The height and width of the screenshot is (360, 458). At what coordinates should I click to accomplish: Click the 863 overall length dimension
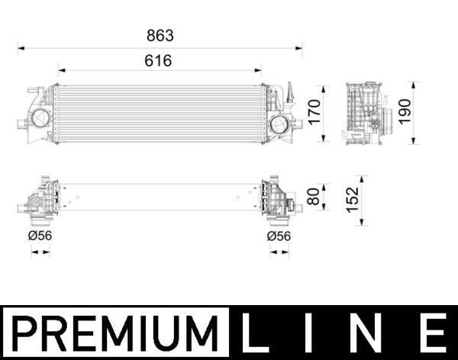(x=160, y=35)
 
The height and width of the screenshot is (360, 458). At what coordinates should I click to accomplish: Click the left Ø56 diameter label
(x=40, y=236)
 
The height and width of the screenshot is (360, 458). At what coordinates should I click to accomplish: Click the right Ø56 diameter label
(x=279, y=236)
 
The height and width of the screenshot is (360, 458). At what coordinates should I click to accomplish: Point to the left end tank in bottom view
(x=40, y=201)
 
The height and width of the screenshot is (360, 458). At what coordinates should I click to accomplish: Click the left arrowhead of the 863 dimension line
(x=21, y=47)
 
